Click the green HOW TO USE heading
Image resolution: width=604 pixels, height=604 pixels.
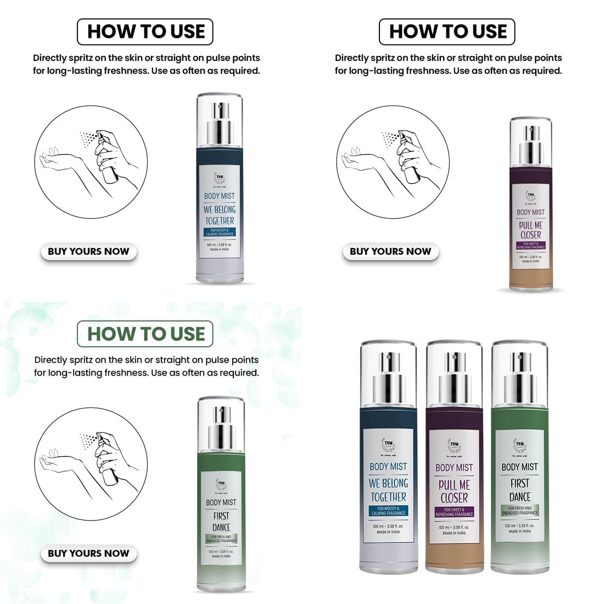pos(145,334)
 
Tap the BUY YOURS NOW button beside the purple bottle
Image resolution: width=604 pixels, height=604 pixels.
pos(390,251)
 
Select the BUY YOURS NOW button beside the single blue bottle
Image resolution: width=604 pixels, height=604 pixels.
pos(88,251)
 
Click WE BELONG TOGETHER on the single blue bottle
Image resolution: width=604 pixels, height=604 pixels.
pos(219,215)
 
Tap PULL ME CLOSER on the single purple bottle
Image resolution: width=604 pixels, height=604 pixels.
pos(530,230)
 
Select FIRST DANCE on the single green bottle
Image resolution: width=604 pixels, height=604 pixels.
pos(221,521)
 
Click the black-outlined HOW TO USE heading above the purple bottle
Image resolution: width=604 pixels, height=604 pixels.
pos(447,32)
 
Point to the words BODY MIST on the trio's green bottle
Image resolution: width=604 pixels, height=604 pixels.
pos(519,467)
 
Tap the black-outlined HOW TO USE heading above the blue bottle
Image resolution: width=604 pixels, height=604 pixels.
pos(145,32)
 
